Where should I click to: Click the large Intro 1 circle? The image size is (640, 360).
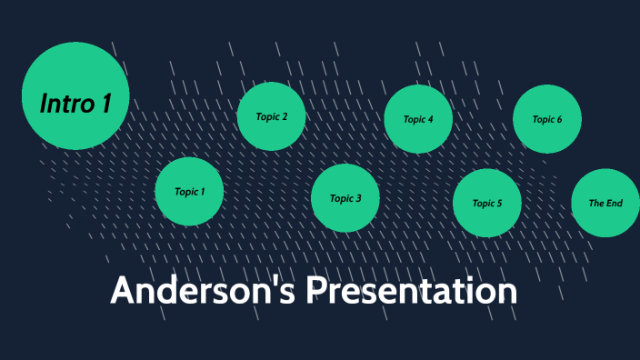pos(75,95)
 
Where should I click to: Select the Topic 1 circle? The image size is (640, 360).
pos(189,192)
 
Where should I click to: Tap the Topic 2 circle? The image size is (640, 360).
pos(271,116)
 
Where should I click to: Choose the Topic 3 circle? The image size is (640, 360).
pos(345,198)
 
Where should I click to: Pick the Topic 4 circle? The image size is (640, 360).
pos(418,119)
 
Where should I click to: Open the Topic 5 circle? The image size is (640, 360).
pos(487,204)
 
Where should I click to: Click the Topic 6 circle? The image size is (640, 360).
pos(546,119)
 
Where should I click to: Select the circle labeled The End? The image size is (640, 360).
pos(605,204)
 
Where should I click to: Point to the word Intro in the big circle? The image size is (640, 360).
pos(66,103)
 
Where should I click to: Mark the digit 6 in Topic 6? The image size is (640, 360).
pos(559,120)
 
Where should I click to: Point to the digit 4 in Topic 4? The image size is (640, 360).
pos(430,120)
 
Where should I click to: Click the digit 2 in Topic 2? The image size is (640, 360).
pos(285,116)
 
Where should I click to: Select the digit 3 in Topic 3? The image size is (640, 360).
pos(358,199)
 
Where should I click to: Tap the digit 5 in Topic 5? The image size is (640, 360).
pos(499,204)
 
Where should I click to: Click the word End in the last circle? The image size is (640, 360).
pos(614,204)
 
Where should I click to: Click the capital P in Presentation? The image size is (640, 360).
pos(314,291)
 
